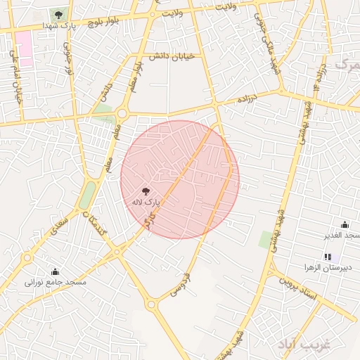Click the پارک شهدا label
[58, 25]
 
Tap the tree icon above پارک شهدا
[58, 15]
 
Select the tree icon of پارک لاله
[146, 191]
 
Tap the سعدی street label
[53, 226]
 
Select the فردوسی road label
[179, 282]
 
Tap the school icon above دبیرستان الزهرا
[328, 257]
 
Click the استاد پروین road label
[300, 288]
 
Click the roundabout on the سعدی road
[27, 257]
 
